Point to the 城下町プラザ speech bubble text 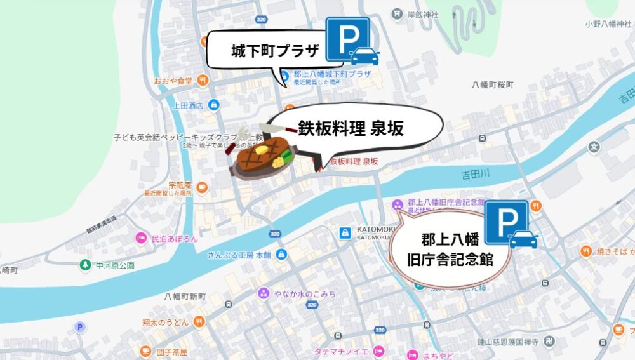pos(266,50)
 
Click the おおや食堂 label pos(173,81)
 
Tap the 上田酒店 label pos(187,105)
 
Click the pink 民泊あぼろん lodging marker pos(140,239)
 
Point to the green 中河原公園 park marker pos(84,264)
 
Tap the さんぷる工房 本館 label pos(239,255)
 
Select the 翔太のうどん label pos(162,322)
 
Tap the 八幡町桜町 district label pos(492,84)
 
